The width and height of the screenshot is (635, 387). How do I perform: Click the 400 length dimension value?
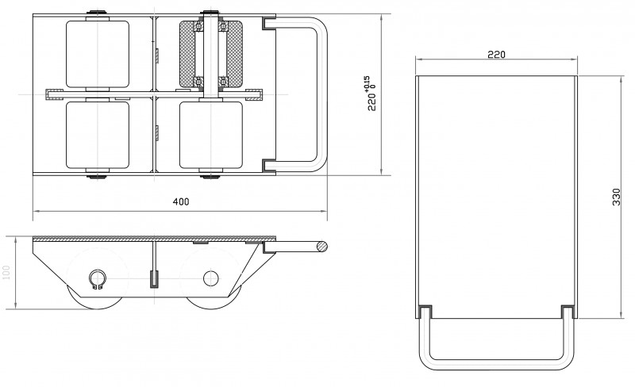click(180, 202)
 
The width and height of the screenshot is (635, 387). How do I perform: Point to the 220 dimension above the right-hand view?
click(496, 55)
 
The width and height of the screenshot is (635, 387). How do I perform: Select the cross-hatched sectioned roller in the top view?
click(211, 54)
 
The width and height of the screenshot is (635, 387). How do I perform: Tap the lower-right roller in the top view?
click(211, 135)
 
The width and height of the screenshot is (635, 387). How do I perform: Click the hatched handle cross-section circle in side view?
click(320, 247)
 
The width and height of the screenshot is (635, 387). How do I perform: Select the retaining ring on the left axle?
click(97, 279)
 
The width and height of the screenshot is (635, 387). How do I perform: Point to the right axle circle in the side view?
click(211, 278)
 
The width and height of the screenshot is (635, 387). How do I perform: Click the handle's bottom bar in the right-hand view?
click(496, 364)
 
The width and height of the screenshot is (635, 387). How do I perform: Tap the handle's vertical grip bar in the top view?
click(319, 94)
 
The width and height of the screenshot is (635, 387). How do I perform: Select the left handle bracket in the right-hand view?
click(425, 310)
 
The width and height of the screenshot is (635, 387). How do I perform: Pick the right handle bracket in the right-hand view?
click(567, 310)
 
